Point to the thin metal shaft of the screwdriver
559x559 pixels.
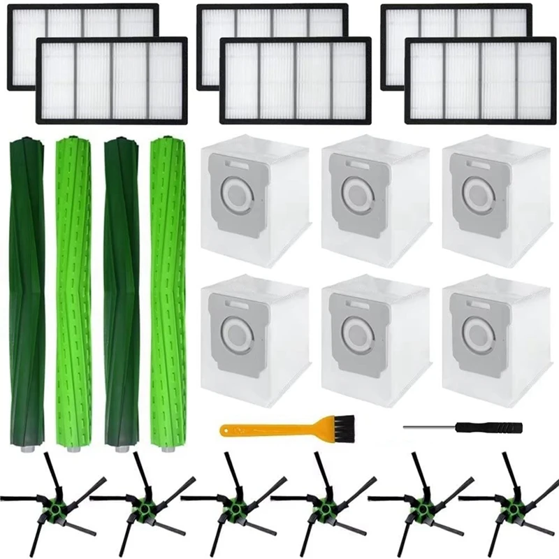pyautogui.click(x=426, y=425)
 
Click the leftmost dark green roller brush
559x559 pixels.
pyautogui.click(x=27, y=293)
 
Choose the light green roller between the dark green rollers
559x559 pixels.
pyautogui.click(x=72, y=293)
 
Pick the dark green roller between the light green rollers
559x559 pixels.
pyautogui.click(x=120, y=293)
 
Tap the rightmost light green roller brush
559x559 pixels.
pyautogui.click(x=168, y=293)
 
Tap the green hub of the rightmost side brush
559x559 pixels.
pyautogui.click(x=510, y=502)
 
